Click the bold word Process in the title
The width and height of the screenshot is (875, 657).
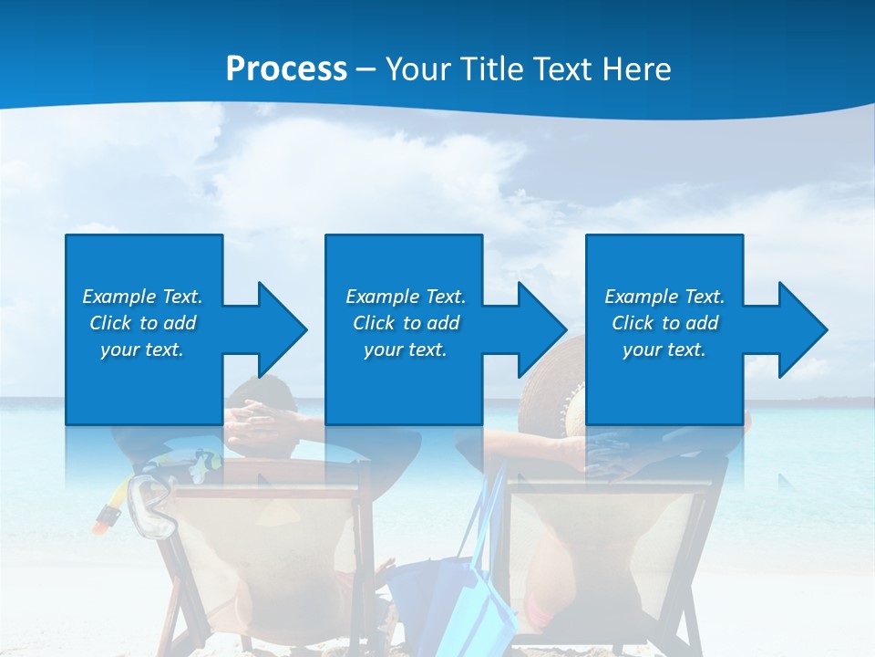pyautogui.click(x=286, y=69)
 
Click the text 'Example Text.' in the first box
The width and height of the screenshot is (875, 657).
pyautogui.click(x=142, y=297)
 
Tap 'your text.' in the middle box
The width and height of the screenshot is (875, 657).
pyautogui.click(x=405, y=349)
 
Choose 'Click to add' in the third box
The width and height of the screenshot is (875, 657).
pyautogui.click(x=664, y=323)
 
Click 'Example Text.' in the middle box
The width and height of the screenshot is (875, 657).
pyautogui.click(x=405, y=297)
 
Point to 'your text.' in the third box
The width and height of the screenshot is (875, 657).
pyautogui.click(x=664, y=349)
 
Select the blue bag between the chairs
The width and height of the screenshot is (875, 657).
pyautogui.click(x=474, y=584)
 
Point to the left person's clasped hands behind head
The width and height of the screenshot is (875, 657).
pyautogui.click(x=260, y=418)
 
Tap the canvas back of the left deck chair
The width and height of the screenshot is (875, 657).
pyautogui.click(x=273, y=547)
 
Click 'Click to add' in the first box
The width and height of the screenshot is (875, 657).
pyautogui.click(x=142, y=323)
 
